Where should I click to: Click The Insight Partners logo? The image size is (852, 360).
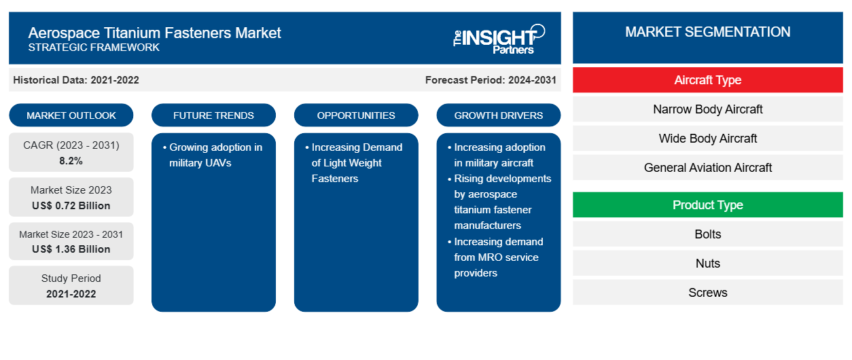coord(499,39)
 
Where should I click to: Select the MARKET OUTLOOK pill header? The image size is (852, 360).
coord(71,115)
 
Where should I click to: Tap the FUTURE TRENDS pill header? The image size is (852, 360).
coord(213,115)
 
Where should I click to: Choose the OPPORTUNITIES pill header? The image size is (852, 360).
coord(356,115)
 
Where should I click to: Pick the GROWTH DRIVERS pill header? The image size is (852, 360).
coord(498,115)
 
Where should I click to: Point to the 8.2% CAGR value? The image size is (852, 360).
coord(71,161)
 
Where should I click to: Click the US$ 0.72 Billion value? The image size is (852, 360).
coord(71,206)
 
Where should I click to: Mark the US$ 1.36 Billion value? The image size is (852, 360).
coord(71,249)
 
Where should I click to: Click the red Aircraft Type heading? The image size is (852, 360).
coord(708,80)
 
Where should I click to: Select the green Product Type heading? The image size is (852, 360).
coord(708,205)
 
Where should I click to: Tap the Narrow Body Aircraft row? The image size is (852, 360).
coord(708,109)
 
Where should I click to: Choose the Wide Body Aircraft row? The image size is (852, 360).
coord(708,139)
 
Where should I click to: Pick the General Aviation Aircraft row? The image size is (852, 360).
coord(708,168)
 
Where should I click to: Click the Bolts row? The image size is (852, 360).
coord(708,234)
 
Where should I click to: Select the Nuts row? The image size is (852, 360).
coord(708,264)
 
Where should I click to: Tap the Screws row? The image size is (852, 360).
coord(708,293)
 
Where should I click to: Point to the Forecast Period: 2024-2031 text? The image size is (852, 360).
coord(491,80)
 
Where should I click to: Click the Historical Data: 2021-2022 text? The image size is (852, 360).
coord(76,80)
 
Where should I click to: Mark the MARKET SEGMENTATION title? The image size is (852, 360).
coord(708,32)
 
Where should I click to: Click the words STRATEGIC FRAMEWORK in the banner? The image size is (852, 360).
coord(94,48)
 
